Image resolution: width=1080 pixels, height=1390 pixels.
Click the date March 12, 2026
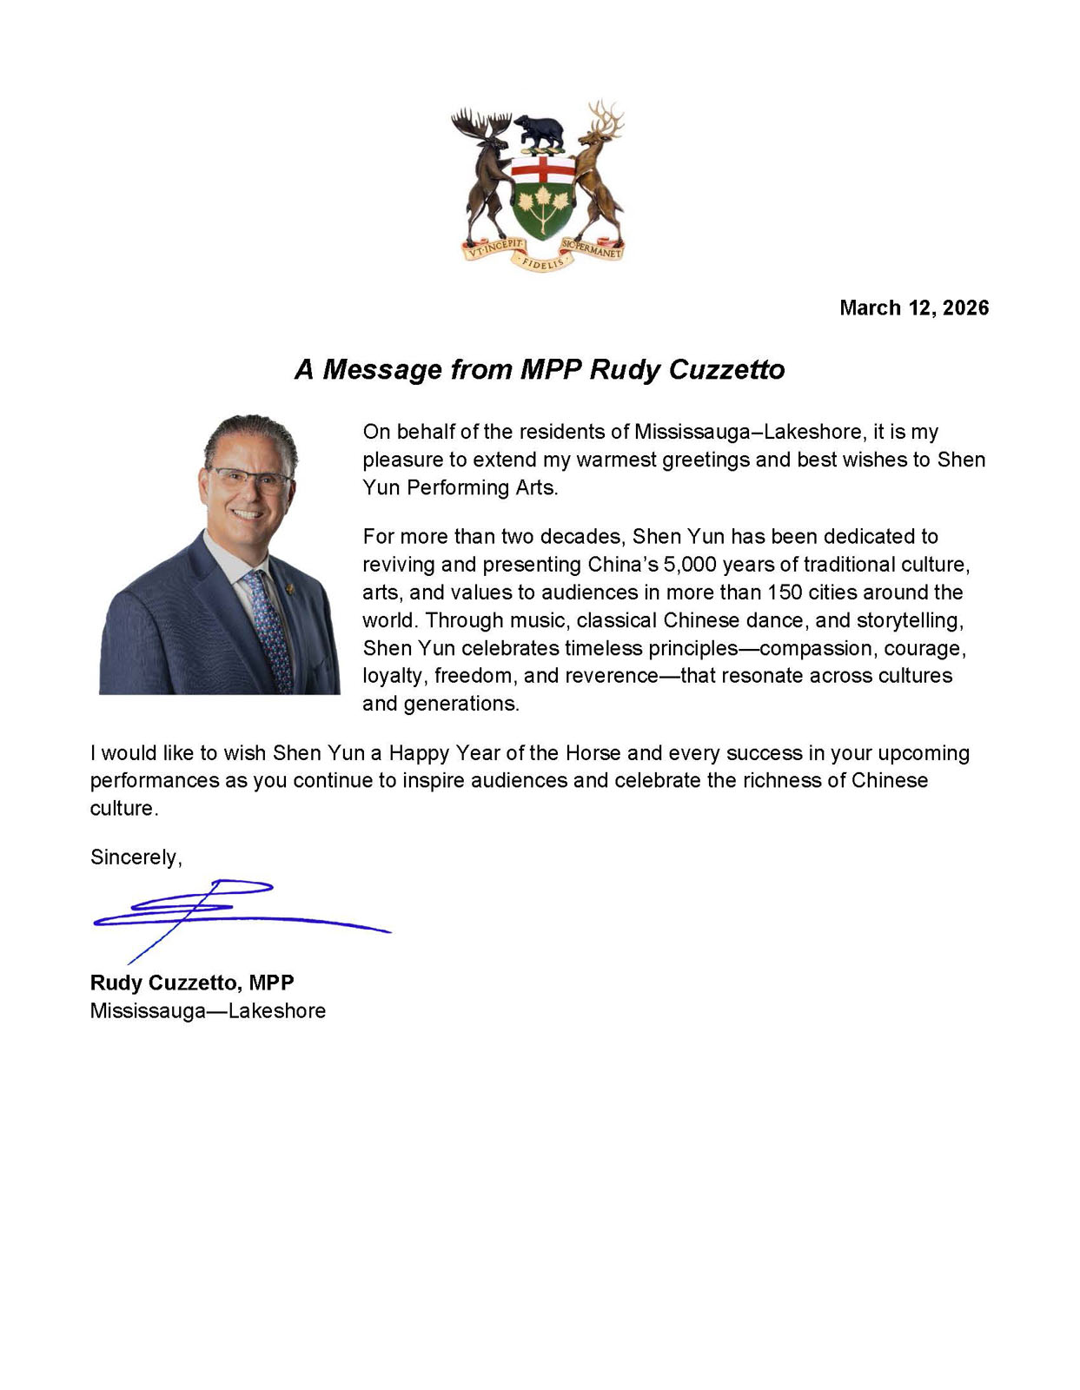click(x=913, y=308)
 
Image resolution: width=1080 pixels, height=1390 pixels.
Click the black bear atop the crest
click(x=539, y=131)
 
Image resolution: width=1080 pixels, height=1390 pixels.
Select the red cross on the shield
click(x=542, y=169)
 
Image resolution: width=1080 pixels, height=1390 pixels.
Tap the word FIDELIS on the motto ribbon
click(x=541, y=261)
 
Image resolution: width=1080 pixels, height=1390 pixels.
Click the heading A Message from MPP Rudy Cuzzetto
click(x=540, y=369)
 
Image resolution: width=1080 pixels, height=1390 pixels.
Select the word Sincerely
click(x=136, y=857)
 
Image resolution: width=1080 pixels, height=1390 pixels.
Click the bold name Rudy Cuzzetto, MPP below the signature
click(x=192, y=983)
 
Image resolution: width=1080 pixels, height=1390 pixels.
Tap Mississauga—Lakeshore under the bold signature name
click(x=208, y=1010)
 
